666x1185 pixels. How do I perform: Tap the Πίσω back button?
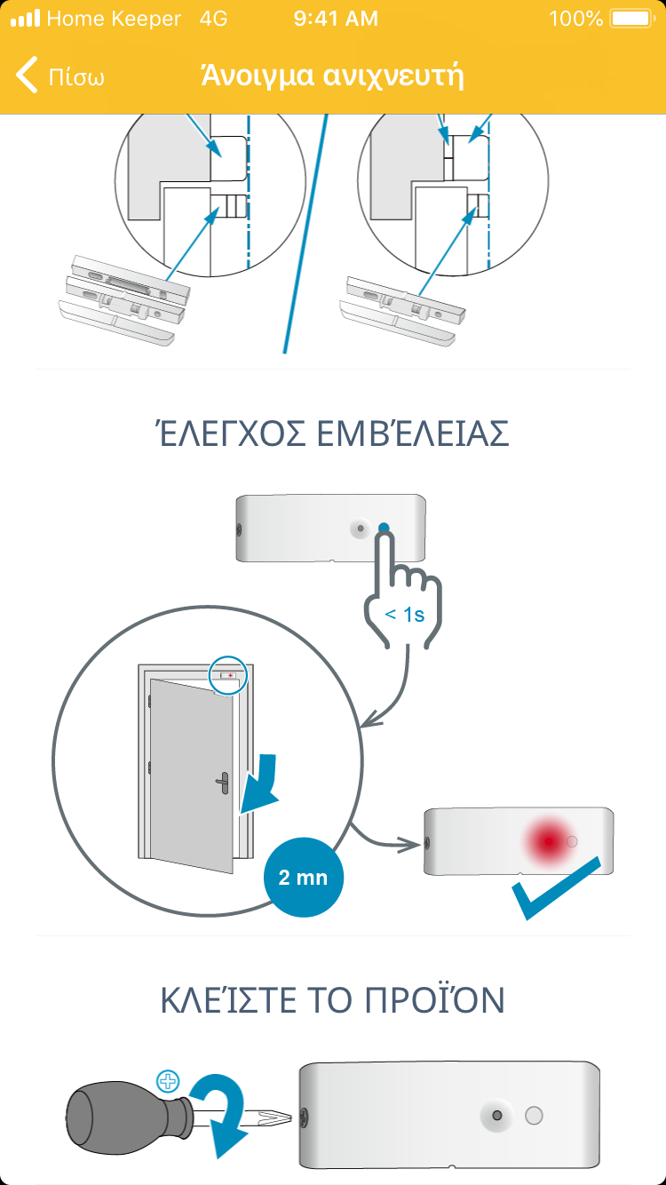click(59, 76)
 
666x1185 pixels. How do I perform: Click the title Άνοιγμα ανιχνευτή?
click(332, 76)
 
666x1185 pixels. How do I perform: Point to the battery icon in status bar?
click(633, 19)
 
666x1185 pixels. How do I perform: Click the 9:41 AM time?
click(336, 19)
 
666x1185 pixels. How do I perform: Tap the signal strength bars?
click(25, 19)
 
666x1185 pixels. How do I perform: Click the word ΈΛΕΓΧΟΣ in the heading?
click(231, 433)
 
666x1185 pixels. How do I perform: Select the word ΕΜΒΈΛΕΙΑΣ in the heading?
click(413, 433)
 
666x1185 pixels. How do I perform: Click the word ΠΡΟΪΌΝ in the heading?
click(434, 1000)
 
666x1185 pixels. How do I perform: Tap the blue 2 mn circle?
click(303, 877)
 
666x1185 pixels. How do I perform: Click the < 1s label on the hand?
click(405, 615)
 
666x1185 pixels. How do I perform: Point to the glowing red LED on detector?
click(549, 840)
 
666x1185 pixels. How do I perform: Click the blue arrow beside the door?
click(259, 783)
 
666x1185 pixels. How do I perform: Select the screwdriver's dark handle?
click(126, 1117)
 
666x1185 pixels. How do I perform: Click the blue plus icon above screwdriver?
click(168, 1081)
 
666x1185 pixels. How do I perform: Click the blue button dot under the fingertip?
click(384, 528)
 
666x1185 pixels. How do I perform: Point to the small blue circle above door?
click(228, 675)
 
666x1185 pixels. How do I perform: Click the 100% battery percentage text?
click(575, 19)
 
